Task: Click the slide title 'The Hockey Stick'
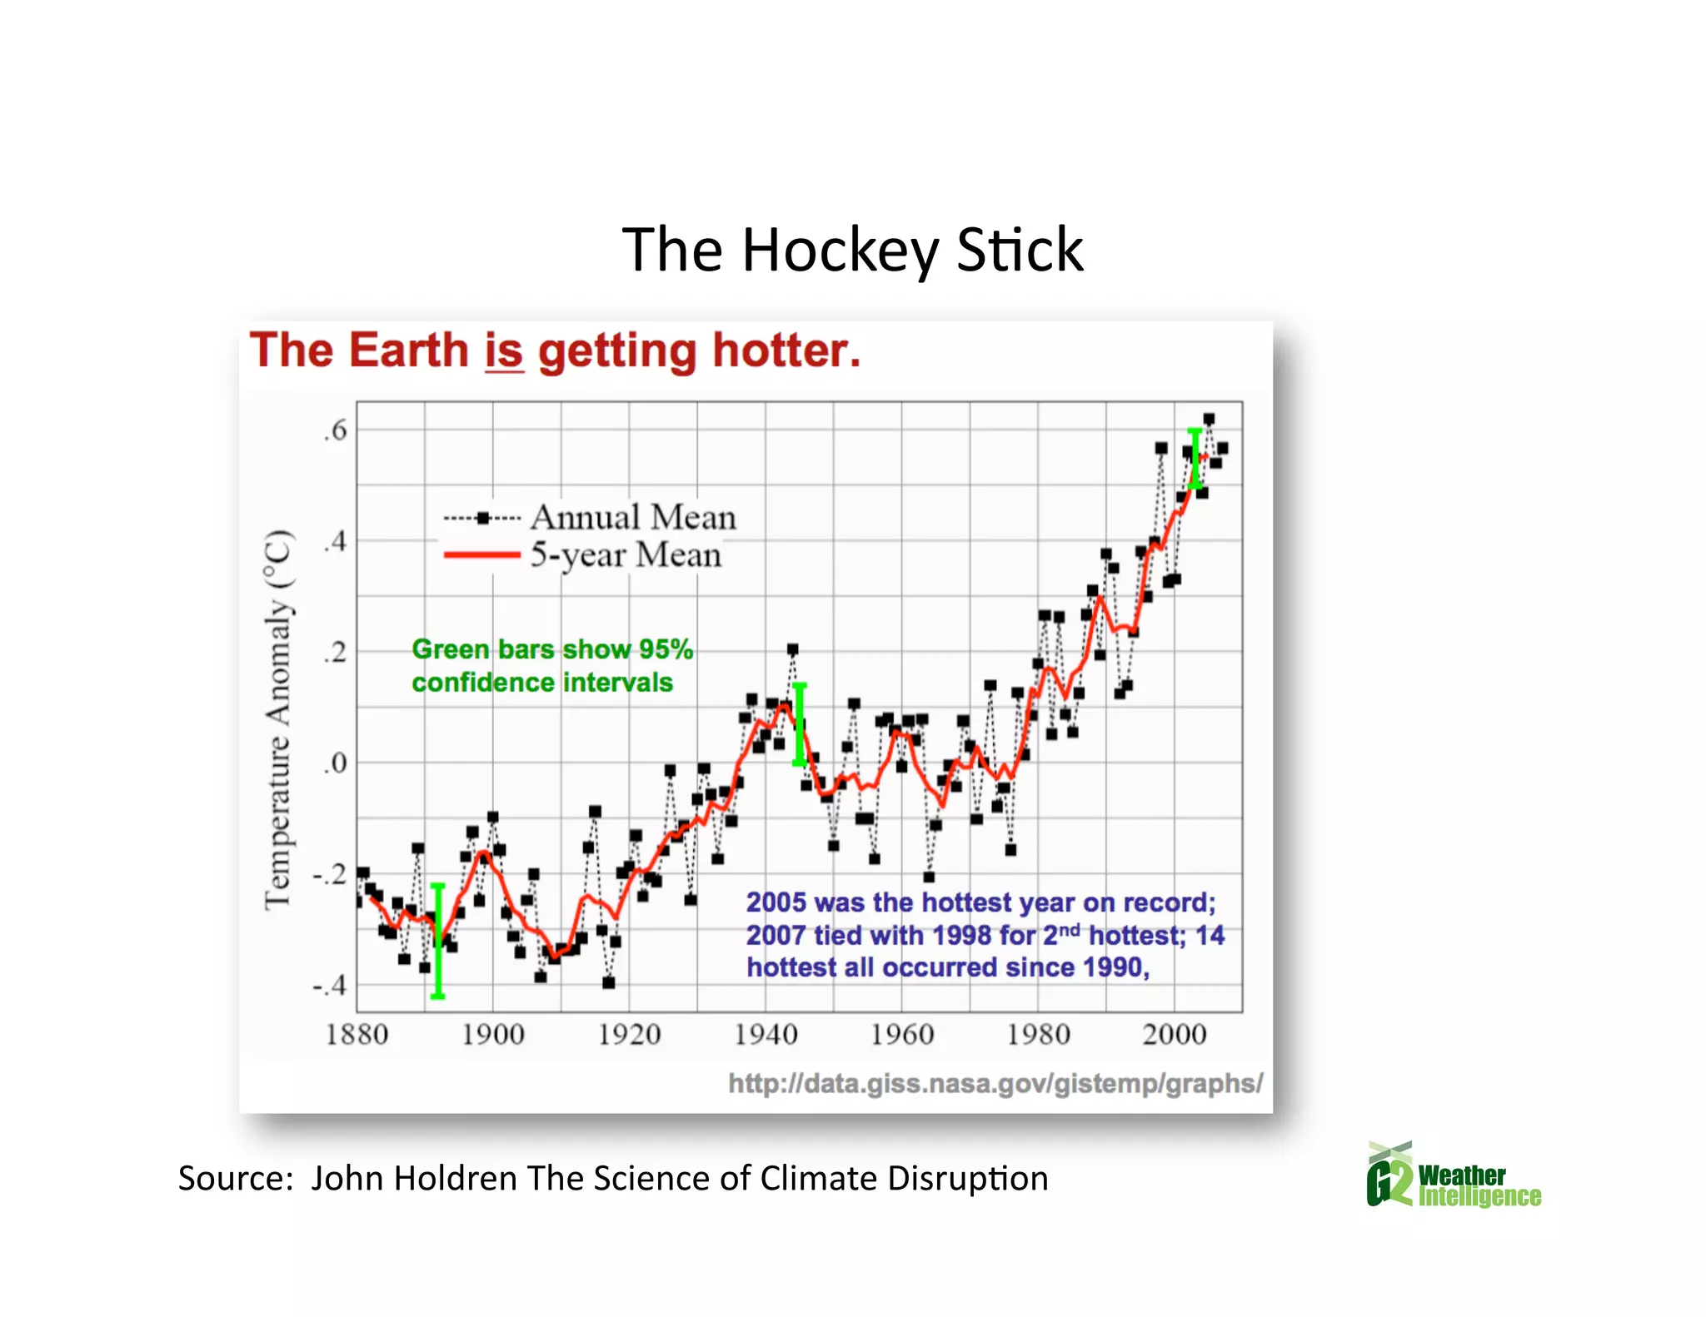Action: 852,250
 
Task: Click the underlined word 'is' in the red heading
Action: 504,350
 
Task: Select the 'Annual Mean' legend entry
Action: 633,518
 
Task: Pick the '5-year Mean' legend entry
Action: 626,555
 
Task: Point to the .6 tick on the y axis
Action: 335,430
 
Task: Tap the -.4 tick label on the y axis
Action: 330,986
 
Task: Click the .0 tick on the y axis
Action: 335,763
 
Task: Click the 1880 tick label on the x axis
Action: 357,1035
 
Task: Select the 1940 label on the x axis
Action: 766,1035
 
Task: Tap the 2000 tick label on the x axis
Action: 1175,1035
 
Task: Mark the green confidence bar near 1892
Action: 438,941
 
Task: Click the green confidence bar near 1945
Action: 800,724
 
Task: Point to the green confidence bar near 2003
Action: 1195,458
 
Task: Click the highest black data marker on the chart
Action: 1209,419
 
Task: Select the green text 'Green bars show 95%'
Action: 552,649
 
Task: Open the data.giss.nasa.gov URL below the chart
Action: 995,1083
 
